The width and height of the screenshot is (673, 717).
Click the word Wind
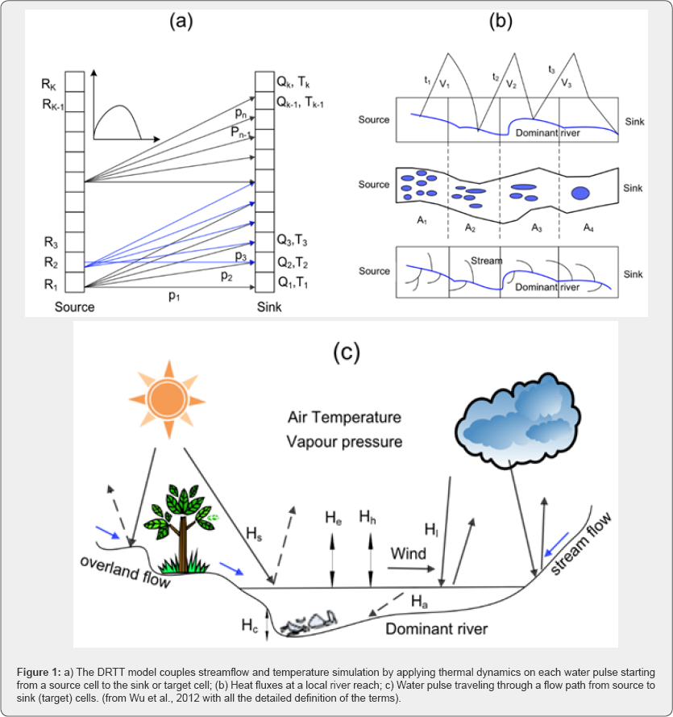(409, 554)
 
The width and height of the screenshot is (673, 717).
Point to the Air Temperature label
(344, 418)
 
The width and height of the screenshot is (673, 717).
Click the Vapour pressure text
(344, 442)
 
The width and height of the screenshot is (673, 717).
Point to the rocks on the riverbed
(310, 620)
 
